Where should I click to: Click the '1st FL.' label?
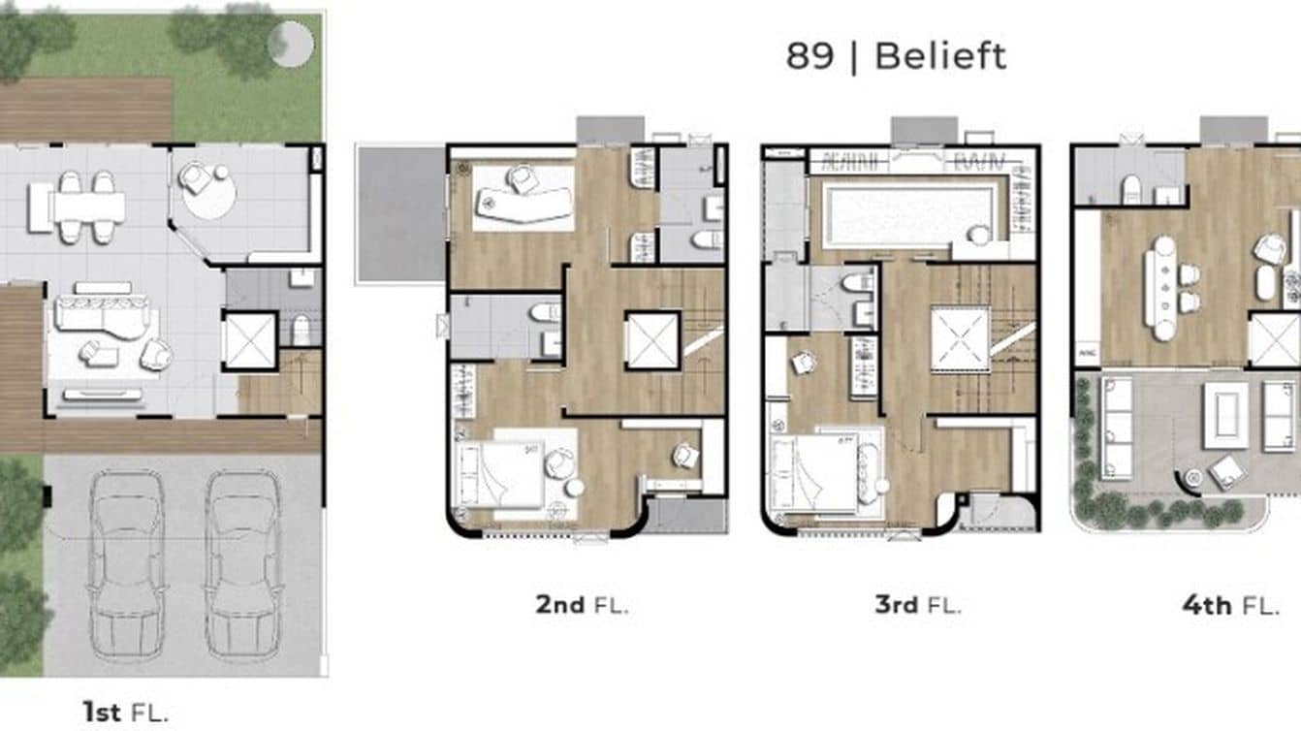point(126,713)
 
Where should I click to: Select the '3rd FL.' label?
point(917,605)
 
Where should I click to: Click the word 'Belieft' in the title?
point(940,56)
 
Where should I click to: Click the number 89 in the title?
point(809,56)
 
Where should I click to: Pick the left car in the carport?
point(126,565)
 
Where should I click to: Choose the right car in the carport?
point(242,565)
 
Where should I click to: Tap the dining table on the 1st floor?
point(88,207)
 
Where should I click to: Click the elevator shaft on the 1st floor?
point(250,339)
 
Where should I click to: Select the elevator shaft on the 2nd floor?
point(651,339)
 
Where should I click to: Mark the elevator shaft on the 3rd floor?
point(960,339)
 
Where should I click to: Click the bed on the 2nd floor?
point(504,473)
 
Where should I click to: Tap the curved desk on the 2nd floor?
point(524,202)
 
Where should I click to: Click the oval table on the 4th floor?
point(1159,288)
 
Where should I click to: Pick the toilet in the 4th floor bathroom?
point(1131,189)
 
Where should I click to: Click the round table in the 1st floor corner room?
point(209,196)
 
